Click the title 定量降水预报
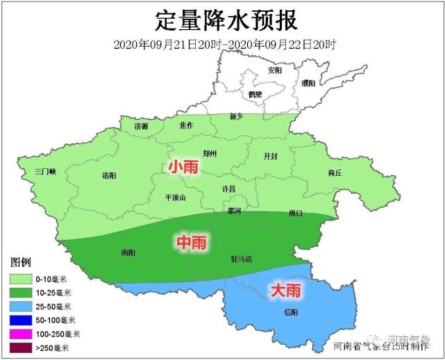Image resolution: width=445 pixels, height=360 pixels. coord(223,20)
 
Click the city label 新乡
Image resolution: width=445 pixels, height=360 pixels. coord(236,117)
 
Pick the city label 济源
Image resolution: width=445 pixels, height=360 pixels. coord(142,126)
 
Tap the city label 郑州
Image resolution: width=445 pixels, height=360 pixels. coord(210,154)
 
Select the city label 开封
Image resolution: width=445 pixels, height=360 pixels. coord(271,156)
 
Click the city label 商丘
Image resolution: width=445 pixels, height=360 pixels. coord(335,172)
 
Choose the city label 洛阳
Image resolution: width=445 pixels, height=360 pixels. coord(109,175)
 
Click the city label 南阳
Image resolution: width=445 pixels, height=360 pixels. coord(128,252)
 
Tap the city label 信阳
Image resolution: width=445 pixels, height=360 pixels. coord(292,312)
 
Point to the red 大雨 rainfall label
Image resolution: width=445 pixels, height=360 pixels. coord(285,289)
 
